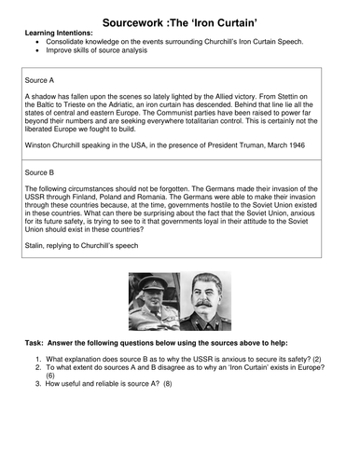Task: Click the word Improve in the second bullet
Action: pyautogui.click(x=59, y=52)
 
